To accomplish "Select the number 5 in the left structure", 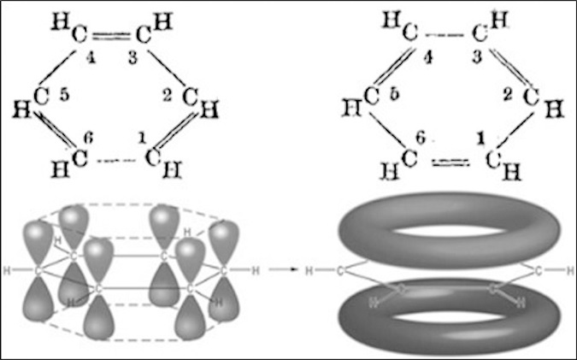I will point(64,96).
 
